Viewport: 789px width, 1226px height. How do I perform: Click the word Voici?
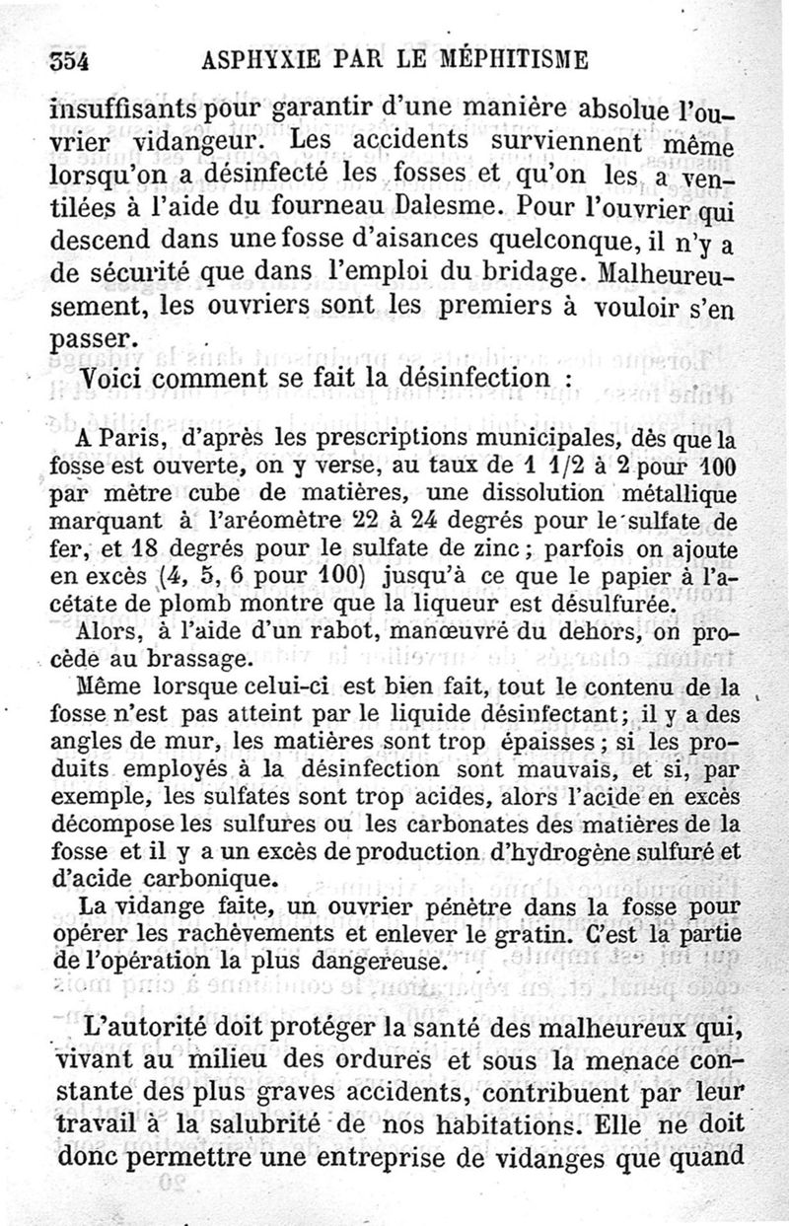coord(116,379)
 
